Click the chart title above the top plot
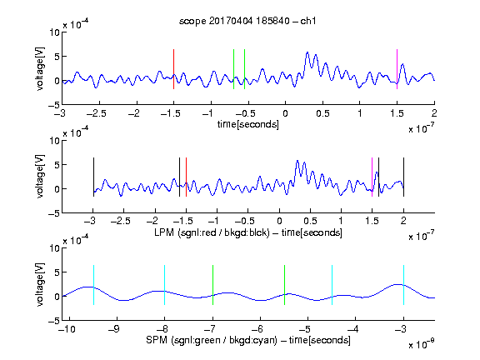[x=247, y=21]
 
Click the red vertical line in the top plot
[x=173, y=69]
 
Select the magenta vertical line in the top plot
[x=397, y=69]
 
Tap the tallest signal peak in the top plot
[x=307, y=52]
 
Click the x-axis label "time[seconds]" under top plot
[x=248, y=124]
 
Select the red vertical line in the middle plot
[x=186, y=177]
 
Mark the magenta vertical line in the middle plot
[x=372, y=177]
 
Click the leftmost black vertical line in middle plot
[x=93, y=177]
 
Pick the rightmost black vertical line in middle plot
[x=403, y=177]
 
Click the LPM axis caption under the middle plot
[x=248, y=232]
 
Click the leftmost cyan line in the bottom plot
[x=93, y=285]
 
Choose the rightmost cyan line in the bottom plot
[x=403, y=285]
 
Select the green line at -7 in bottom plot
[x=212, y=285]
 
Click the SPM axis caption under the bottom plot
[x=248, y=340]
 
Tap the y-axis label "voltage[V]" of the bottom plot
[x=40, y=284]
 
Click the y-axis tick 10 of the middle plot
[x=55, y=141]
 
